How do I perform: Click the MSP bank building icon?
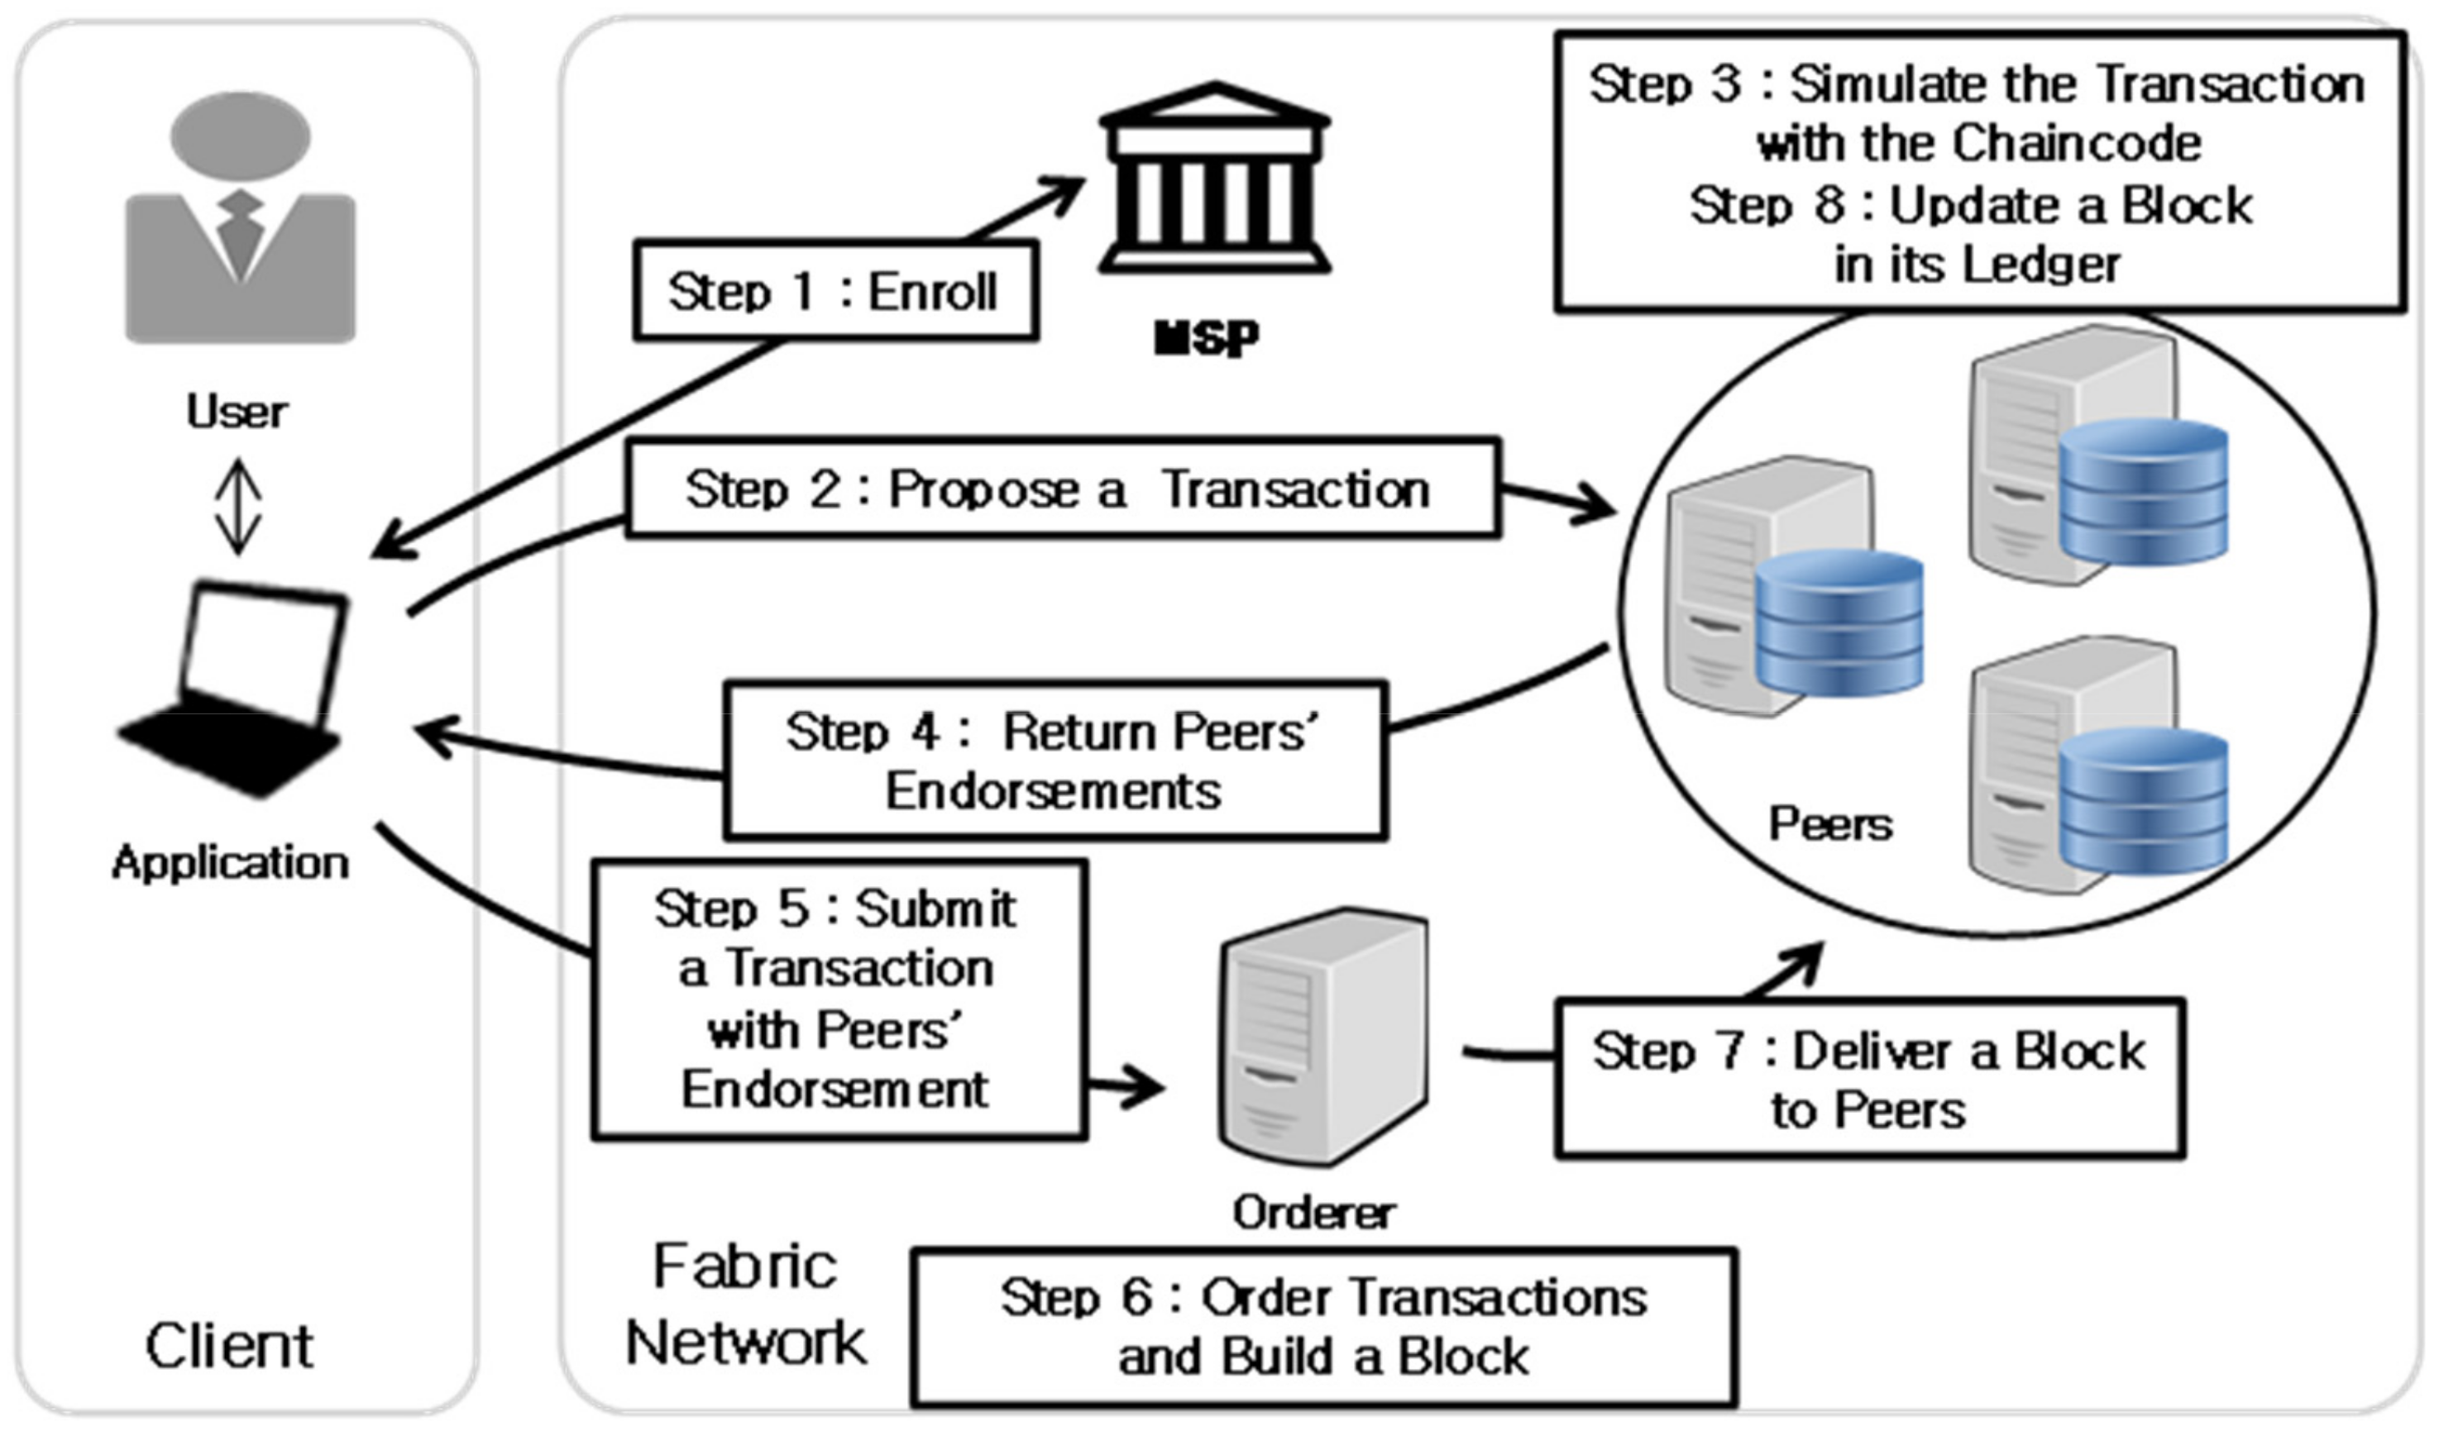1215,179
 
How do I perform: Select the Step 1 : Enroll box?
835,291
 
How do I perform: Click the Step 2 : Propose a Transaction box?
1062,489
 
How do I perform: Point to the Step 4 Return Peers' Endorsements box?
1055,761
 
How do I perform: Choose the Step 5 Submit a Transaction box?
838,1000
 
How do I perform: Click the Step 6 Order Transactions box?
1323,1327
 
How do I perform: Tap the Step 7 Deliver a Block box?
1869,1080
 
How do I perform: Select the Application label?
231,862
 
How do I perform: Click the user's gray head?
240,136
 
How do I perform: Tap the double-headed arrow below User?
238,507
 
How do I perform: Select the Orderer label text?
1313,1212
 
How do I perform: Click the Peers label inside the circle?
1830,824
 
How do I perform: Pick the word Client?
229,1346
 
